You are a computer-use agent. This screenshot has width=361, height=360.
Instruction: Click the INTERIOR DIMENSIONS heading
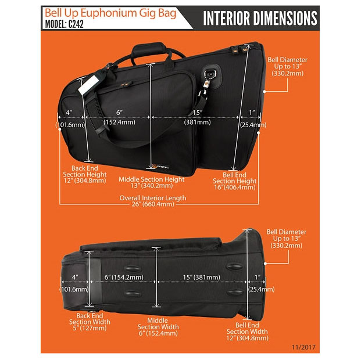point(260,18)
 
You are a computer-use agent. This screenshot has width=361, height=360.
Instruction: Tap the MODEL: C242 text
point(64,24)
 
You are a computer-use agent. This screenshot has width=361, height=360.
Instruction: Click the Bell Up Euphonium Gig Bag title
point(110,13)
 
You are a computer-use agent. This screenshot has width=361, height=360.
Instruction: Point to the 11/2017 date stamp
point(303,347)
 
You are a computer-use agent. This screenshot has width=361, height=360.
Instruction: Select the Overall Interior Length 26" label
point(153,201)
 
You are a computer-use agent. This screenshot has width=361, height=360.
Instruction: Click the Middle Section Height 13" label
point(152,182)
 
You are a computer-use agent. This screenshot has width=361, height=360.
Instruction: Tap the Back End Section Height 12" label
point(85,174)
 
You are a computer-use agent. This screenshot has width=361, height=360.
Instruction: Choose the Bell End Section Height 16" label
point(235,181)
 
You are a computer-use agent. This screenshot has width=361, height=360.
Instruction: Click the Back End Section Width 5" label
point(90,322)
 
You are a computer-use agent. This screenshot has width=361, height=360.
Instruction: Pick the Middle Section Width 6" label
point(158,327)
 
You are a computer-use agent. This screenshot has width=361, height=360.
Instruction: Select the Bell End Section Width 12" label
point(247,332)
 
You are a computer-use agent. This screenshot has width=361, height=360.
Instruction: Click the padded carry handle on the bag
point(149,49)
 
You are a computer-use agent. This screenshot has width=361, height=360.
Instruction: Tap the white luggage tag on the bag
point(88,85)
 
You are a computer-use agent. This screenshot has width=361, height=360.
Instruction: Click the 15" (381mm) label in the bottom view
point(202,277)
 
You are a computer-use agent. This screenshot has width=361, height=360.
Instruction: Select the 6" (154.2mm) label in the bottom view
point(124,277)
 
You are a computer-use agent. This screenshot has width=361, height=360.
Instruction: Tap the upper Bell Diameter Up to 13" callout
point(287,66)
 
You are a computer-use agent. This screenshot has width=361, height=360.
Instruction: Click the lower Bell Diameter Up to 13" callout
point(286,239)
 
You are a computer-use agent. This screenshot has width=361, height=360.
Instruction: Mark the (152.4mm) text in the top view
point(119,122)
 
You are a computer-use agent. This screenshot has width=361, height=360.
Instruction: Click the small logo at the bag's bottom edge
point(160,166)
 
